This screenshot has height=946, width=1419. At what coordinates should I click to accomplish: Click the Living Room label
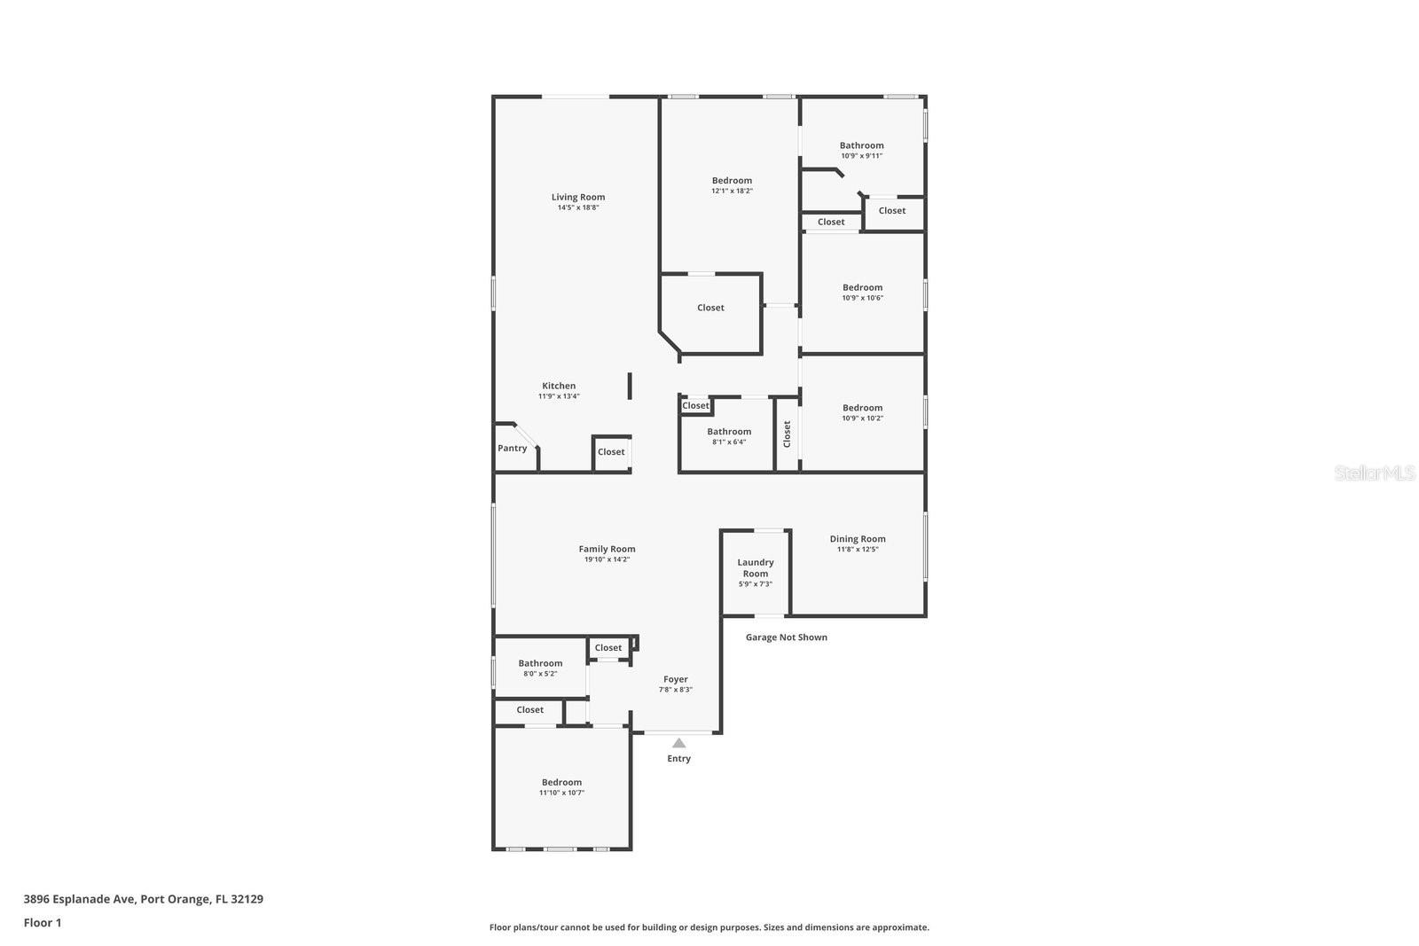click(578, 198)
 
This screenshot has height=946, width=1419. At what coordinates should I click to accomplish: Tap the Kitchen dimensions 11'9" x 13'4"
click(559, 396)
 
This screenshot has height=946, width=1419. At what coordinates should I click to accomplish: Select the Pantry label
click(512, 449)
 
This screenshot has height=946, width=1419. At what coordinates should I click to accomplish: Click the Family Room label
click(607, 549)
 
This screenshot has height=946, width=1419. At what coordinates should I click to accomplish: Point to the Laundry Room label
click(756, 567)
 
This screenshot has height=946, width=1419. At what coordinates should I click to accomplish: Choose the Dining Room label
click(858, 539)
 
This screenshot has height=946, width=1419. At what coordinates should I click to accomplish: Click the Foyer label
click(676, 679)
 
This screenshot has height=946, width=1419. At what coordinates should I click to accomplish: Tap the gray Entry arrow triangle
click(678, 743)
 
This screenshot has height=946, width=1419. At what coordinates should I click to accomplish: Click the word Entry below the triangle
click(678, 759)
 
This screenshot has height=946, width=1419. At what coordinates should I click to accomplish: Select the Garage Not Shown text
click(786, 637)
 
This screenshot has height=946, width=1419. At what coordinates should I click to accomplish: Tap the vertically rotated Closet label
click(787, 434)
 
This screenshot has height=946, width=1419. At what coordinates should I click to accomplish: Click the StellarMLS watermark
click(1375, 473)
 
